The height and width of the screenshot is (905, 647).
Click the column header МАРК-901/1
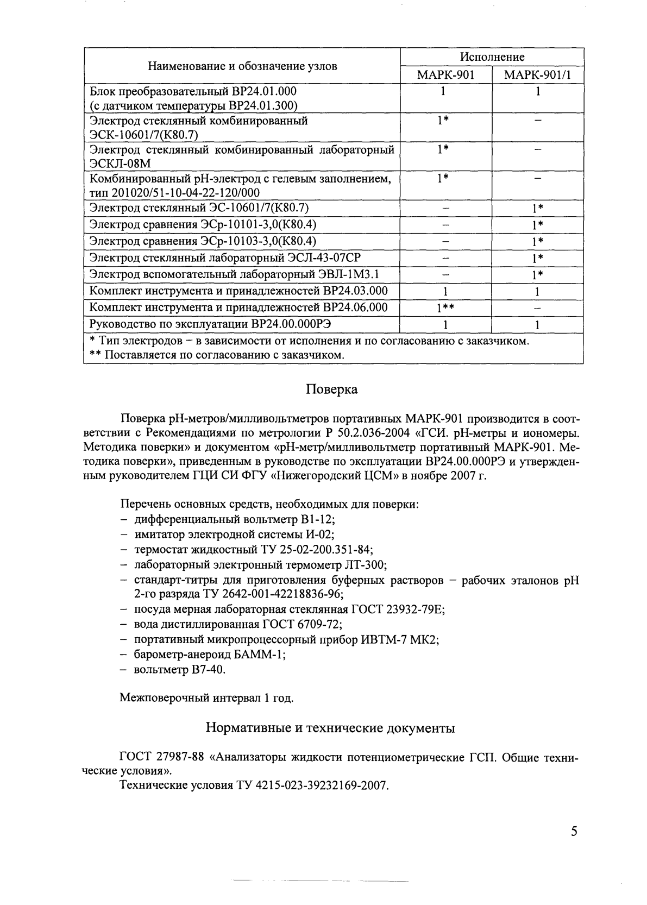click(x=537, y=74)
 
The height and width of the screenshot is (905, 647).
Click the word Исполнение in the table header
click(x=492, y=57)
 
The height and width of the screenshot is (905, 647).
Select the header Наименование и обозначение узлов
click(x=242, y=66)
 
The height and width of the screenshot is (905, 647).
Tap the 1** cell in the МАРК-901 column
click(x=445, y=308)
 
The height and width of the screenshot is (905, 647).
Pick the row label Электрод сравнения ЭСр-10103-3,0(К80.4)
click(x=203, y=241)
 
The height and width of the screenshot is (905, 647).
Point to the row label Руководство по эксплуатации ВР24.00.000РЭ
click(x=210, y=324)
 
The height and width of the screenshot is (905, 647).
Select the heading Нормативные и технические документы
click(x=331, y=727)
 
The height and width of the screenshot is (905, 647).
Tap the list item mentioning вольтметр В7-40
click(x=179, y=669)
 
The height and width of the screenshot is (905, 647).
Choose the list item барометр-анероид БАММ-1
click(x=210, y=655)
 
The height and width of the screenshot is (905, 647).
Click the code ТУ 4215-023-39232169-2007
click(x=312, y=785)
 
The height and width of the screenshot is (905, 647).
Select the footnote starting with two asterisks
click(x=217, y=355)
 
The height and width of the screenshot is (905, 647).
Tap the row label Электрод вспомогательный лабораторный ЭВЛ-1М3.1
click(x=234, y=274)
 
